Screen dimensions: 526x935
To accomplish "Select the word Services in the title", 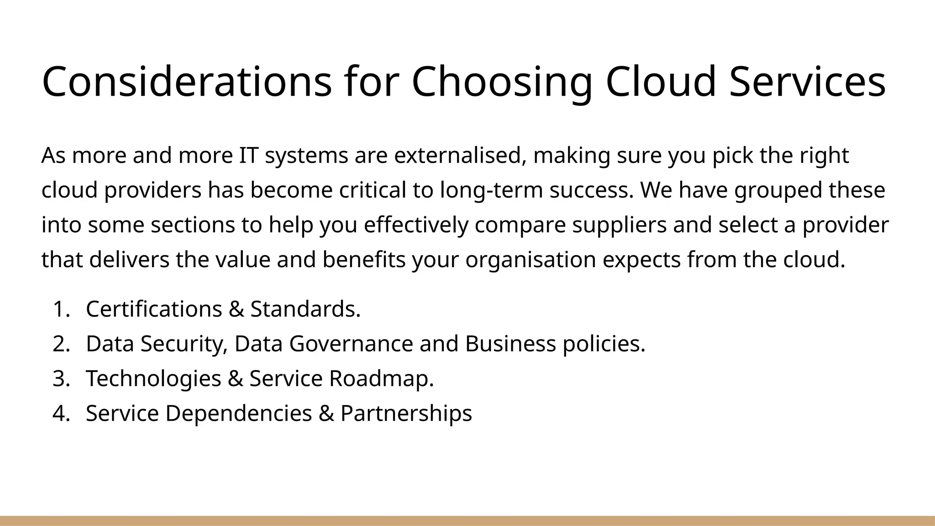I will [807, 82].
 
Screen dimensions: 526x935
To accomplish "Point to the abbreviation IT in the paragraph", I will [248, 156].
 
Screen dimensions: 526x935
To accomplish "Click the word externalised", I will [457, 156].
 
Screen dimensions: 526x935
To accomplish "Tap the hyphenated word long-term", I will [491, 190].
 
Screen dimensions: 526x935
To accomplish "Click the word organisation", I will [531, 260].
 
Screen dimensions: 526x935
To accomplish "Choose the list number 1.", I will [61, 309].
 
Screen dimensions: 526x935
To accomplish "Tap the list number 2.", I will [61, 344].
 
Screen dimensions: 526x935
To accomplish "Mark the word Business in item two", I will [510, 344].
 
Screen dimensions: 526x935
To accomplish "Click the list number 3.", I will [61, 379].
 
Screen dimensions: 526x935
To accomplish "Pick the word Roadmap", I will [381, 379].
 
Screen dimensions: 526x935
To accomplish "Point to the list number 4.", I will [61, 413].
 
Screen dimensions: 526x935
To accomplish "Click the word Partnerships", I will [406, 413].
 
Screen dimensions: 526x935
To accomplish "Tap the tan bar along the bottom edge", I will [467, 521].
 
